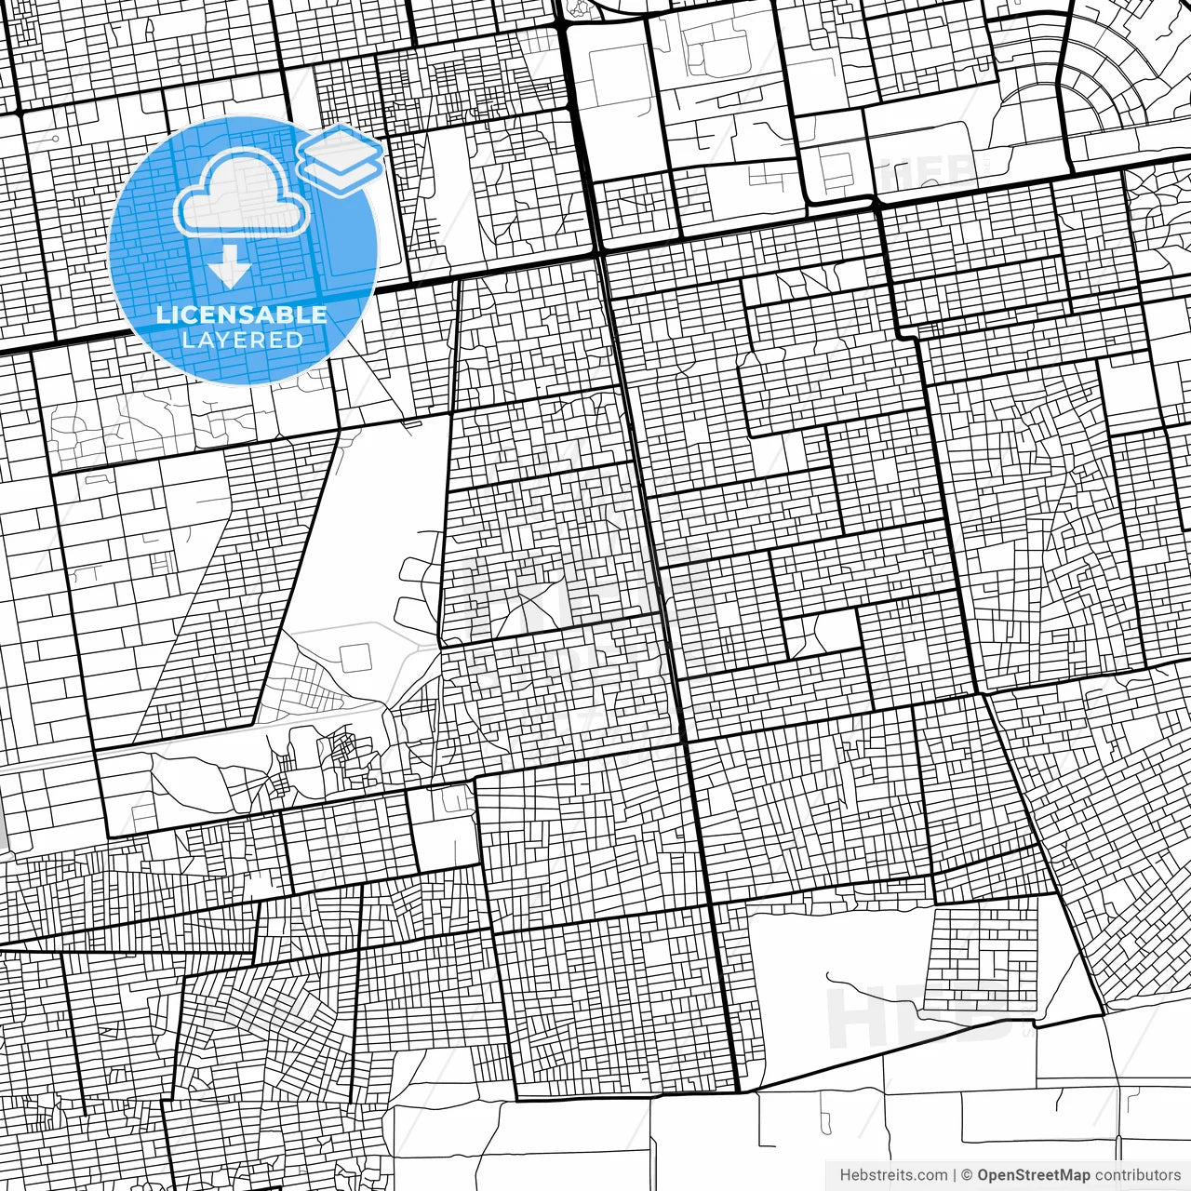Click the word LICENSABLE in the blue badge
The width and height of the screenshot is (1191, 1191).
pyautogui.click(x=242, y=314)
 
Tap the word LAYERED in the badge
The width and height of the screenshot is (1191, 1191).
pyautogui.click(x=242, y=340)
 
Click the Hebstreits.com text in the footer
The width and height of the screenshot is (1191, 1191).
pyautogui.click(x=893, y=1175)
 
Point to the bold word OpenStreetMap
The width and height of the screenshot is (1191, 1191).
pyautogui.click(x=1034, y=1175)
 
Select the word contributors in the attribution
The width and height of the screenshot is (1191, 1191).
pyautogui.click(x=1137, y=1175)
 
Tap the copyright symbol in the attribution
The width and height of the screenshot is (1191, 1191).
pyautogui.click(x=967, y=1175)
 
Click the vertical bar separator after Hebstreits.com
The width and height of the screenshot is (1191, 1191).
pyautogui.click(x=955, y=1175)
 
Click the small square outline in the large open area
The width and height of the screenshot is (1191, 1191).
pyautogui.click(x=355, y=658)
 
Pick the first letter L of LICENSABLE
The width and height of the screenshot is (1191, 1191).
pyautogui.click(x=163, y=314)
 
